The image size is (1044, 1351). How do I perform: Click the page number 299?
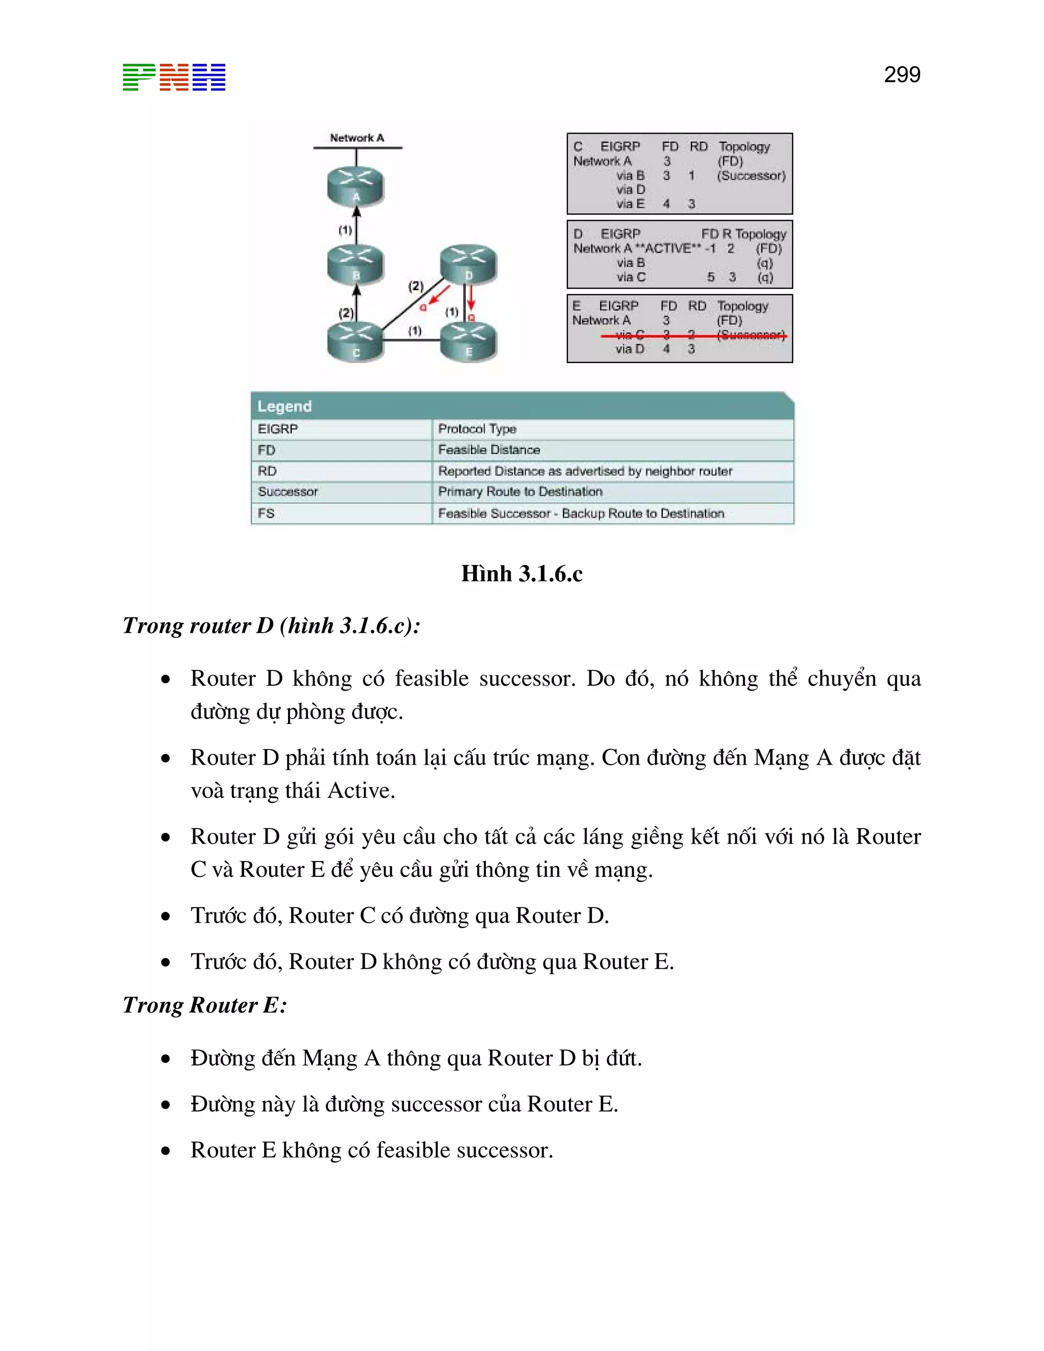click(x=902, y=75)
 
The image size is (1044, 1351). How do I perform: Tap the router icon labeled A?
click(x=356, y=186)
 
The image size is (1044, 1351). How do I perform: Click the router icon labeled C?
click(x=356, y=342)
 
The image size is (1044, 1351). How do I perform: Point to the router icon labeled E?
click(x=468, y=342)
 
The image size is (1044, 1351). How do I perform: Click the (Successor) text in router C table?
click(x=751, y=176)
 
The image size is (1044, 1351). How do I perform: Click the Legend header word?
click(x=284, y=406)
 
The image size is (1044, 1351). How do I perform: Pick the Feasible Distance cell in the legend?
click(x=488, y=450)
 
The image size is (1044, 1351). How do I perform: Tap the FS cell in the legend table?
click(x=266, y=513)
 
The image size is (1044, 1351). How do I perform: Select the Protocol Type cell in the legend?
click(x=477, y=429)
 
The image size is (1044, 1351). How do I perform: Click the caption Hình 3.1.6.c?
click(x=521, y=574)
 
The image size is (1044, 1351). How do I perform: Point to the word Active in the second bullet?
click(x=360, y=791)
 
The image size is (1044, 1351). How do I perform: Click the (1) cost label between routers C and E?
click(x=414, y=331)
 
